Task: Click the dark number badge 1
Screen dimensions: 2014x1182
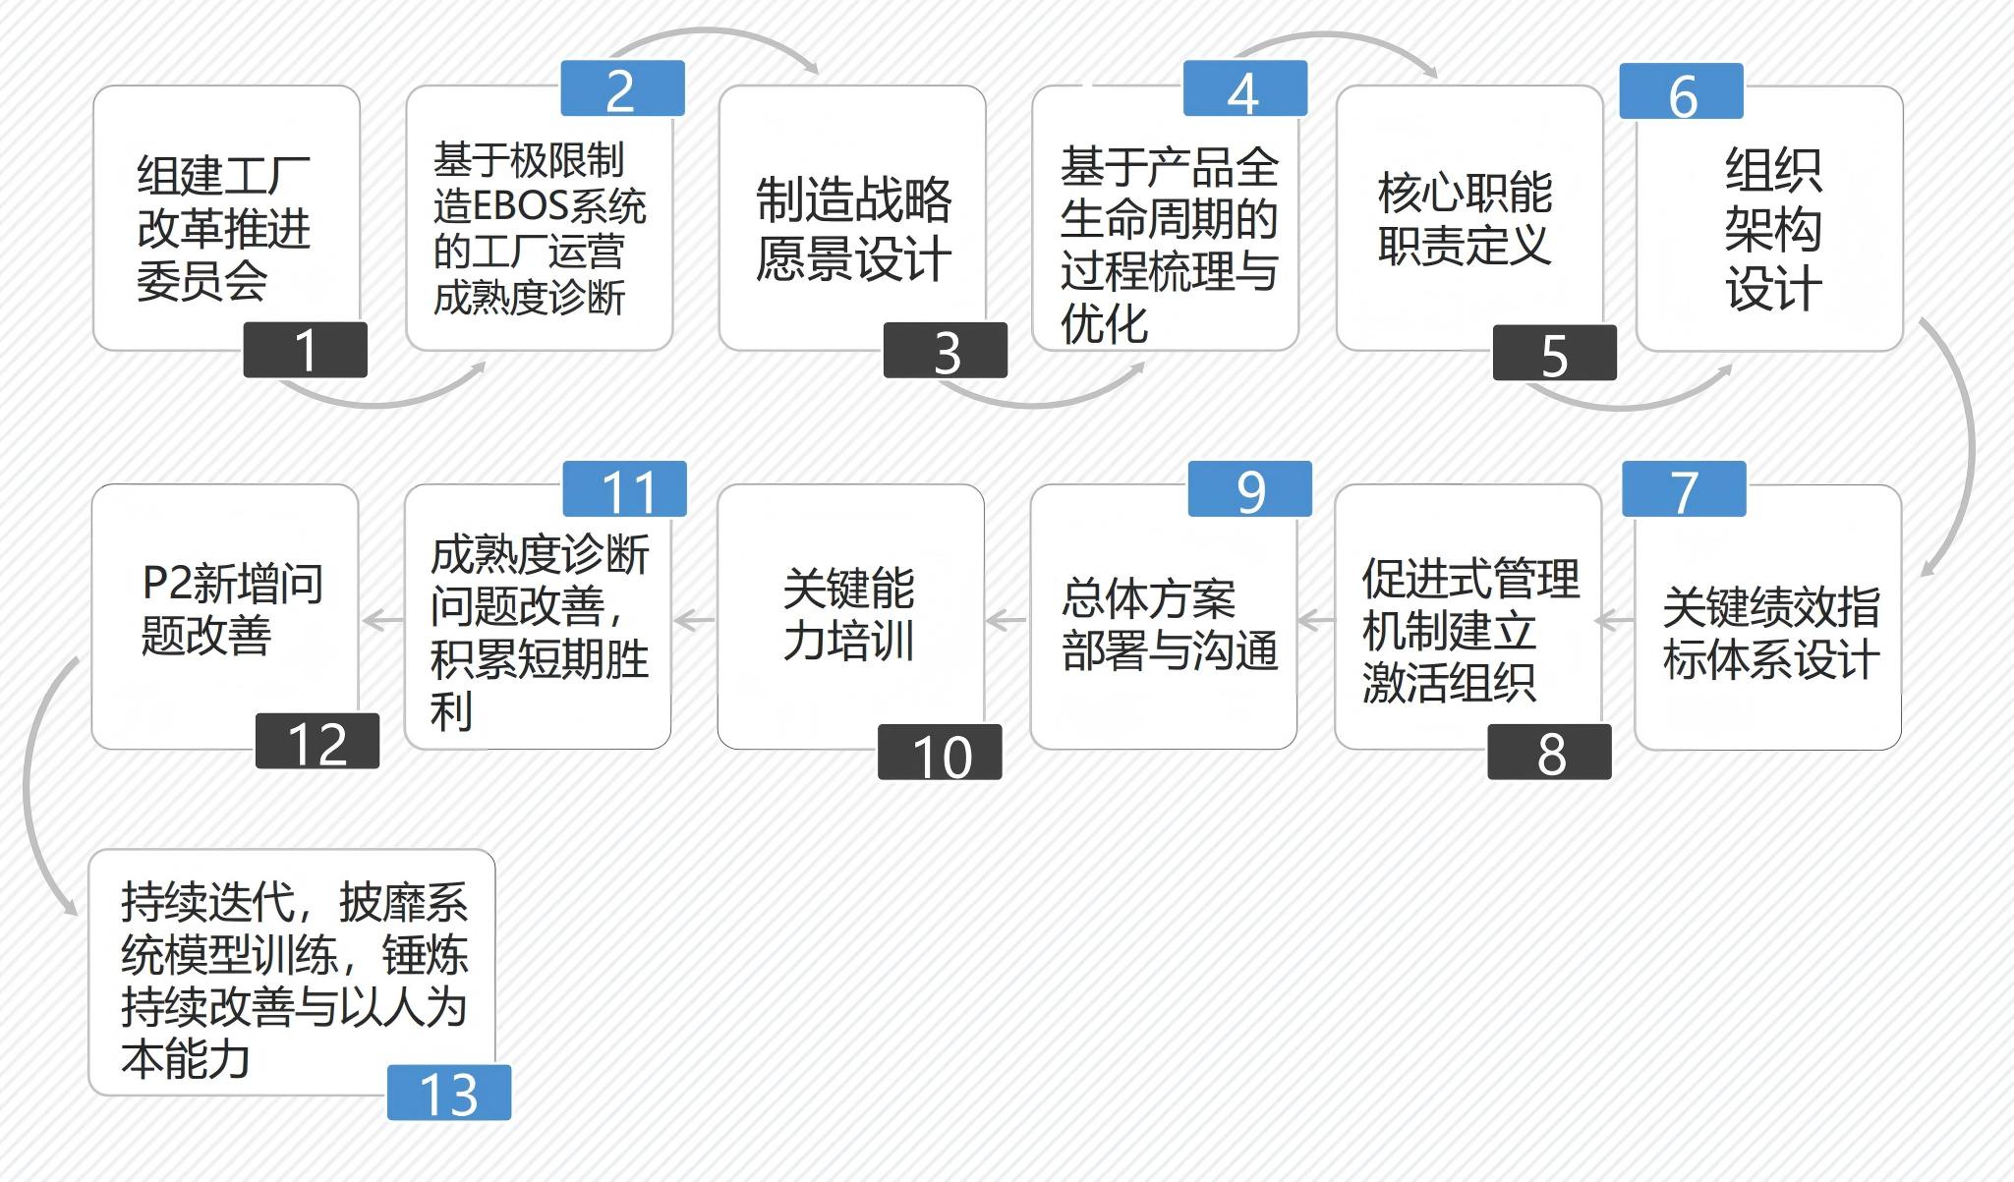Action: [305, 349]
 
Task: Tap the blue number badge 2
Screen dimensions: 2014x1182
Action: [622, 88]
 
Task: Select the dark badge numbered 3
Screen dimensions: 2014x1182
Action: [946, 350]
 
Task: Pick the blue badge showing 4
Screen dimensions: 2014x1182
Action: [1245, 88]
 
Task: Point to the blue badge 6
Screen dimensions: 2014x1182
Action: [1682, 91]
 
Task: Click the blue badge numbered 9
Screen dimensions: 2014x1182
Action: [1250, 488]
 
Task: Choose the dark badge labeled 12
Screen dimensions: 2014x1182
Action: [317, 741]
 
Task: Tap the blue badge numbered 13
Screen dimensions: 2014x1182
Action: [449, 1092]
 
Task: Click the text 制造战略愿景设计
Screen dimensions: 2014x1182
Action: [853, 229]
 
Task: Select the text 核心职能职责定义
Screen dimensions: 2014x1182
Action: [1465, 218]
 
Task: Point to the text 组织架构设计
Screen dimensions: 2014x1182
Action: [1773, 229]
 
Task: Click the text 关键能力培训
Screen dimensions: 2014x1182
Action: [849, 615]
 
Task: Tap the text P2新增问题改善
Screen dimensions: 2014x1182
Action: [232, 609]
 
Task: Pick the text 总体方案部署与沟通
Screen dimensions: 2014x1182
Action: [1170, 625]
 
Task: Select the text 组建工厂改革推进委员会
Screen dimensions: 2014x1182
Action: [224, 228]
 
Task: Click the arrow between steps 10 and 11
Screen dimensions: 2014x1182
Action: [694, 620]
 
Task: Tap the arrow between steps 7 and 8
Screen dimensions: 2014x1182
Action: [1614, 621]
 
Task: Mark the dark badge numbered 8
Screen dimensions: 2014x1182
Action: [1549, 752]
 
